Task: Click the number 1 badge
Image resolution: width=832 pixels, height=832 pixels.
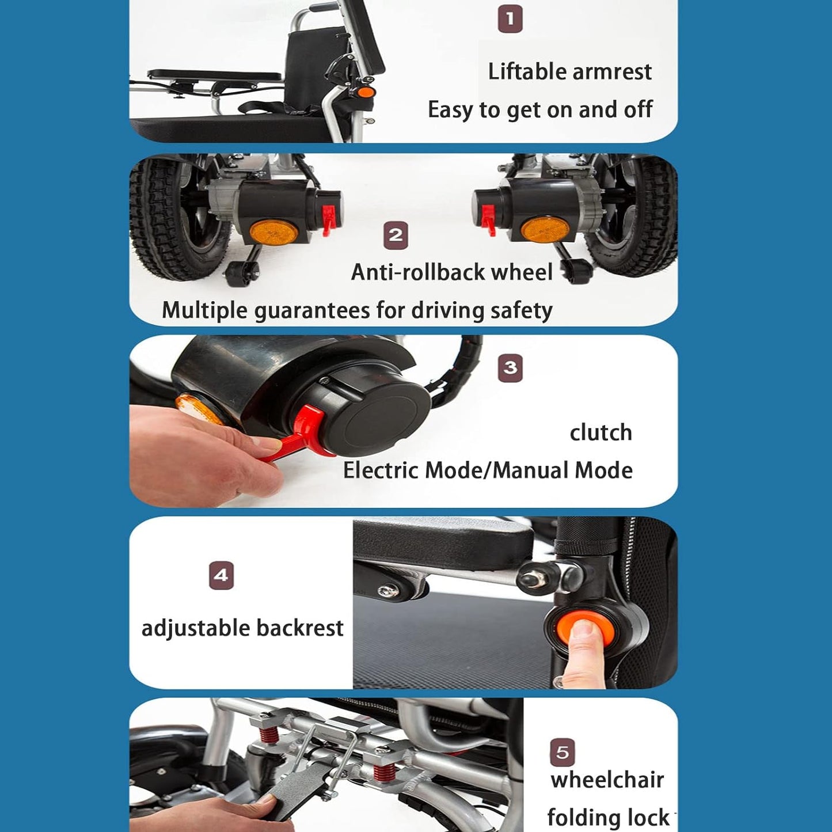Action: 510,20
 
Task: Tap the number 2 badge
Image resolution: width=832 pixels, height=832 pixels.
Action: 396,235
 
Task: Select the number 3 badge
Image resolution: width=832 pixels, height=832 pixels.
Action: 510,368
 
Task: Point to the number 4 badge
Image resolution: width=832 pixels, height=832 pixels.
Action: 221,576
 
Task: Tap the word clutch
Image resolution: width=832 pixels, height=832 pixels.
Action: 601,432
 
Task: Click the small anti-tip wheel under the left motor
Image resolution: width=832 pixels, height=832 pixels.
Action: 240,272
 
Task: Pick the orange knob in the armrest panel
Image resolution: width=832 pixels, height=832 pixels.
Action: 366,92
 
